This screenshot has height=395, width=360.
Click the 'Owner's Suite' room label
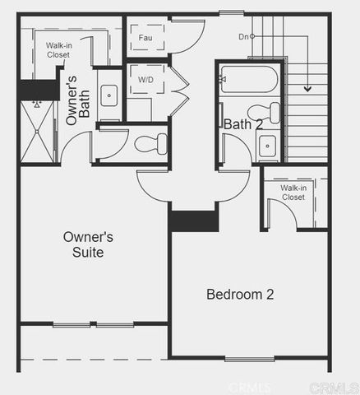pos(87,244)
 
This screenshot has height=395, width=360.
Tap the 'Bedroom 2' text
pos(239,294)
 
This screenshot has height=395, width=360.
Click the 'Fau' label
pos(145,38)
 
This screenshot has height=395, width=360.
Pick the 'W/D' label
pos(145,80)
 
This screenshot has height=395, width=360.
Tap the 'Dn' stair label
pos(243,37)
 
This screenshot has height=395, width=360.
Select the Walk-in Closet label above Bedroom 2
pos(293,193)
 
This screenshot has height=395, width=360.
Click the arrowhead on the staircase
pos(308,87)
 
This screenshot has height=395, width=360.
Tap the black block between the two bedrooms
pos(194,221)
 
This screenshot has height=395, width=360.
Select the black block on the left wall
pos(39,90)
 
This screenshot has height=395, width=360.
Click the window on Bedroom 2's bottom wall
pos(249,358)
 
